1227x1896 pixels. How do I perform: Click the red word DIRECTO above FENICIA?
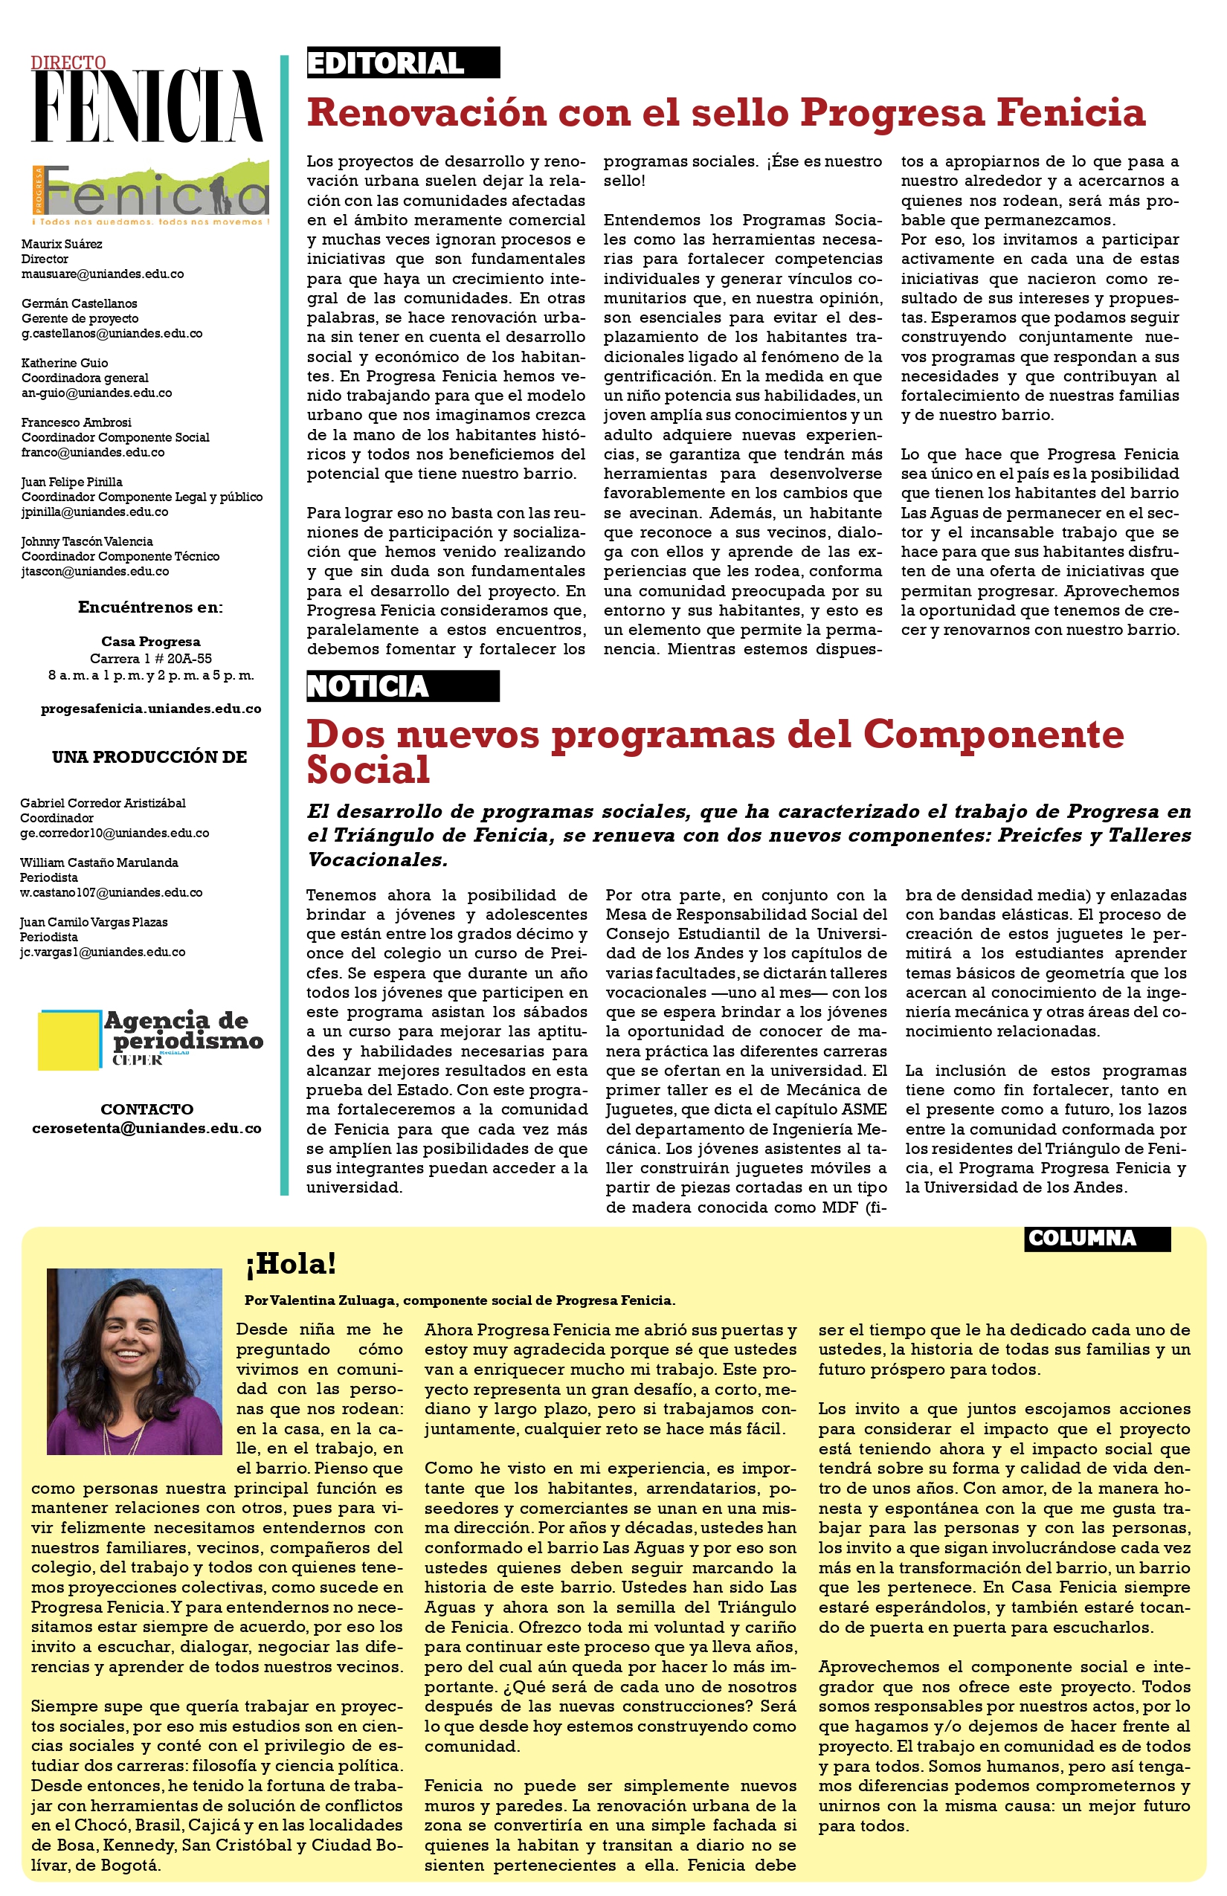tap(68, 63)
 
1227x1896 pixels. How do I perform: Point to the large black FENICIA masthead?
tap(147, 106)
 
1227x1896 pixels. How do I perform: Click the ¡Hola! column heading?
tap(292, 1264)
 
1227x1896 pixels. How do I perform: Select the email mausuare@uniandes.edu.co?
tap(102, 274)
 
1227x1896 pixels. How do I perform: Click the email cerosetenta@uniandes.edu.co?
tap(146, 1128)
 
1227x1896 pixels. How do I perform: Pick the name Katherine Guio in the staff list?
tap(65, 364)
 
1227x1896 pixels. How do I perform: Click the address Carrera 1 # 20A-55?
tap(150, 659)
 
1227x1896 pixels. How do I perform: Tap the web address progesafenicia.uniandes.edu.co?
tap(150, 709)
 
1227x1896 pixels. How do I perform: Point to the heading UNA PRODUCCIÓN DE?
tap(149, 758)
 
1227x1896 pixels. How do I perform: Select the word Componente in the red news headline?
tap(993, 735)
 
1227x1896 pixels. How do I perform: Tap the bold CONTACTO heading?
tap(146, 1109)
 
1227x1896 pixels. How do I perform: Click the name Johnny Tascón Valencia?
tap(87, 542)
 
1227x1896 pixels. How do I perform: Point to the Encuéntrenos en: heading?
tap(150, 608)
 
